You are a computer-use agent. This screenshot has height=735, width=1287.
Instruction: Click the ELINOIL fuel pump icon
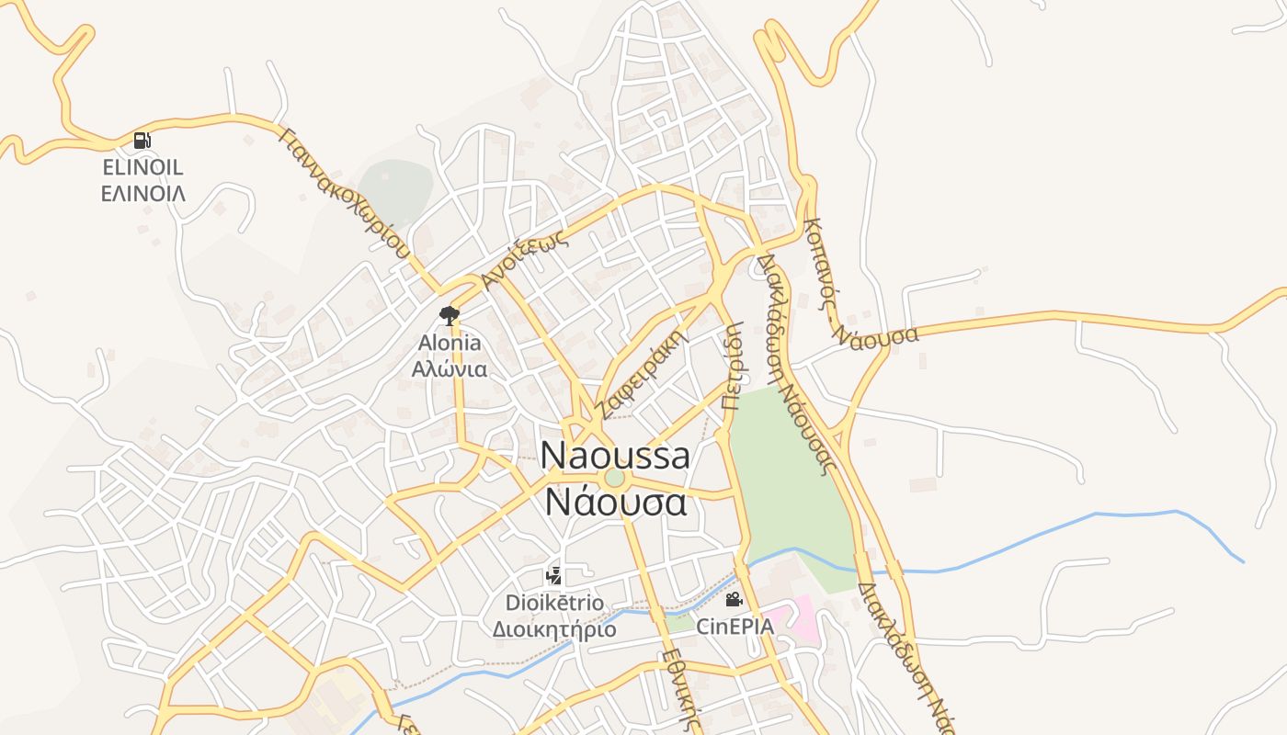click(x=142, y=141)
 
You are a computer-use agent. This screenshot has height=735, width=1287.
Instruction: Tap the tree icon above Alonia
click(x=449, y=316)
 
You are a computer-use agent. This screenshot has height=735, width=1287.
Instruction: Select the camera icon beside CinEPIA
click(x=734, y=600)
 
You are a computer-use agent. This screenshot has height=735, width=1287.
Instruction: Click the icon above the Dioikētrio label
click(x=553, y=576)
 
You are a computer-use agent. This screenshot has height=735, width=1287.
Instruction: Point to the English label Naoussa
click(x=615, y=455)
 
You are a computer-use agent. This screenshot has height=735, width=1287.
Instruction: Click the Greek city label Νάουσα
click(x=615, y=503)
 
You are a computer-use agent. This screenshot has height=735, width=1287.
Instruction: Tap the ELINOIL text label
click(x=142, y=167)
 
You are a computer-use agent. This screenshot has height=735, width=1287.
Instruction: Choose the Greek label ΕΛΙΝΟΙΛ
click(x=142, y=193)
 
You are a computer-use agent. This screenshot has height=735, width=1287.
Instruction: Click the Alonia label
click(x=450, y=343)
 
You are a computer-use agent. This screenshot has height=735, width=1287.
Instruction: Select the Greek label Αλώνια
click(x=450, y=369)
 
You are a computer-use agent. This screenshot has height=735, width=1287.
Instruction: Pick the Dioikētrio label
click(x=555, y=603)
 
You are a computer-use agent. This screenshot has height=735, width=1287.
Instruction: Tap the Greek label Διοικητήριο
click(x=555, y=629)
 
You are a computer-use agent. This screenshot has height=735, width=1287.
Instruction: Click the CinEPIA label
click(x=735, y=627)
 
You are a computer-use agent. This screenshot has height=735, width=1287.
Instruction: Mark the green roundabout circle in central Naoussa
click(x=614, y=479)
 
